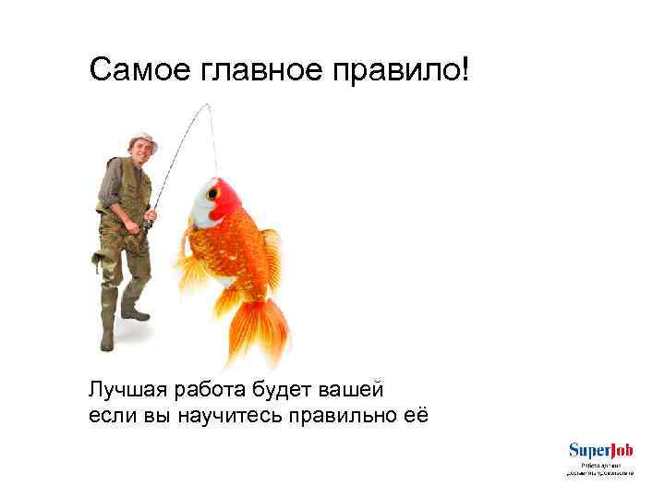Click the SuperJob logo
(601, 451)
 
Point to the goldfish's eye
(212, 193)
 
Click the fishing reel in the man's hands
(148, 223)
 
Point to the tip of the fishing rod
(210, 105)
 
